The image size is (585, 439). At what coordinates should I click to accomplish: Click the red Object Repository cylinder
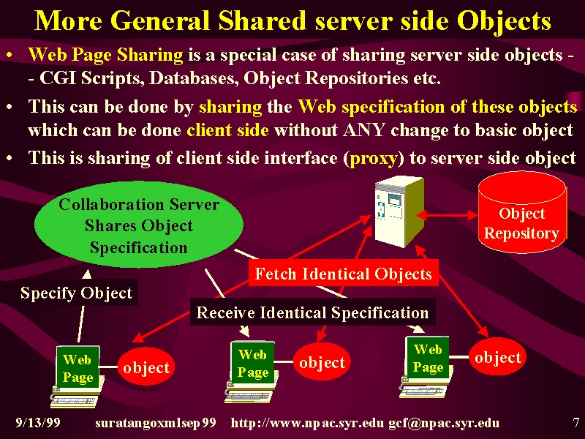click(522, 212)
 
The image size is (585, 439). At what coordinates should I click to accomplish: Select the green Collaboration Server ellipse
click(139, 225)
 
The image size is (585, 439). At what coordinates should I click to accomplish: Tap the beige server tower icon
click(399, 211)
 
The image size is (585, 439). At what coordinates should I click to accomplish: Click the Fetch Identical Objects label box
click(343, 274)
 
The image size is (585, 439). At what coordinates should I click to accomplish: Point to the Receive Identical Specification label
click(313, 312)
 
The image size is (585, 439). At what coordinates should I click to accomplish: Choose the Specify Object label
click(77, 293)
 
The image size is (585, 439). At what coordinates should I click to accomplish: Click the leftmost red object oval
click(146, 367)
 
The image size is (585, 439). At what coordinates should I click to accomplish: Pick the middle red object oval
click(322, 362)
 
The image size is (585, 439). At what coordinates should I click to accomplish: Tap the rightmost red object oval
click(498, 357)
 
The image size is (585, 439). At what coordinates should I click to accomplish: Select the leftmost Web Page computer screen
click(78, 368)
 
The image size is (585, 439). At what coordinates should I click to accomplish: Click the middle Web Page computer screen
click(253, 363)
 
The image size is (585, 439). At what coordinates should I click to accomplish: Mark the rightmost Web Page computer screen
click(428, 358)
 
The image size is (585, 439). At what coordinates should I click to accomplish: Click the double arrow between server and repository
click(447, 215)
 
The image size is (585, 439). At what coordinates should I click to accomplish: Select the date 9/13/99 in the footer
click(38, 423)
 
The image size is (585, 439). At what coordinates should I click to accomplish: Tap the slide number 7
click(576, 423)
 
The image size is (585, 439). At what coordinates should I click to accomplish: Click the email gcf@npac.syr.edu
click(444, 423)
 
